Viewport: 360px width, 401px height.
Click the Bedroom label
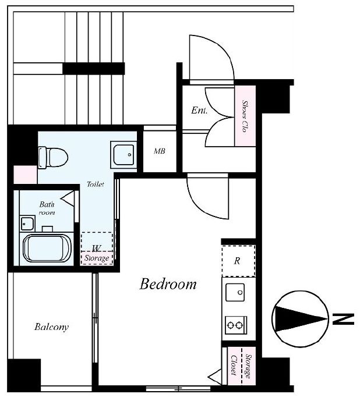click(x=168, y=284)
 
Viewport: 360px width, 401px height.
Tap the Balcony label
click(x=51, y=327)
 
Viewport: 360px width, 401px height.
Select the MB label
click(x=159, y=151)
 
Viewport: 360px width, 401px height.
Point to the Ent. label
click(x=199, y=110)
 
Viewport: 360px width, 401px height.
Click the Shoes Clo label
click(x=245, y=116)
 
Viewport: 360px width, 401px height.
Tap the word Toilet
click(x=96, y=184)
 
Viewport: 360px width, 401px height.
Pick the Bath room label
click(x=47, y=208)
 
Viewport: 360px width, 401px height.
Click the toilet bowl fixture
click(x=53, y=158)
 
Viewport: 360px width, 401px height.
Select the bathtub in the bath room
click(x=47, y=249)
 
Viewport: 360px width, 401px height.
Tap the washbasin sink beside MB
click(x=123, y=155)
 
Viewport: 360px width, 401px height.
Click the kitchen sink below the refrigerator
click(x=235, y=292)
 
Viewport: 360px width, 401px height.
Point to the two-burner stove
click(x=236, y=325)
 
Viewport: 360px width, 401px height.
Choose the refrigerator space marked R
click(x=238, y=261)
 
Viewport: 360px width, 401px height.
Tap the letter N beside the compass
click(x=343, y=319)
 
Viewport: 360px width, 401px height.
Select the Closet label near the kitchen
click(x=233, y=365)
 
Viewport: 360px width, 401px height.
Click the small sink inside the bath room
click(x=27, y=223)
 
